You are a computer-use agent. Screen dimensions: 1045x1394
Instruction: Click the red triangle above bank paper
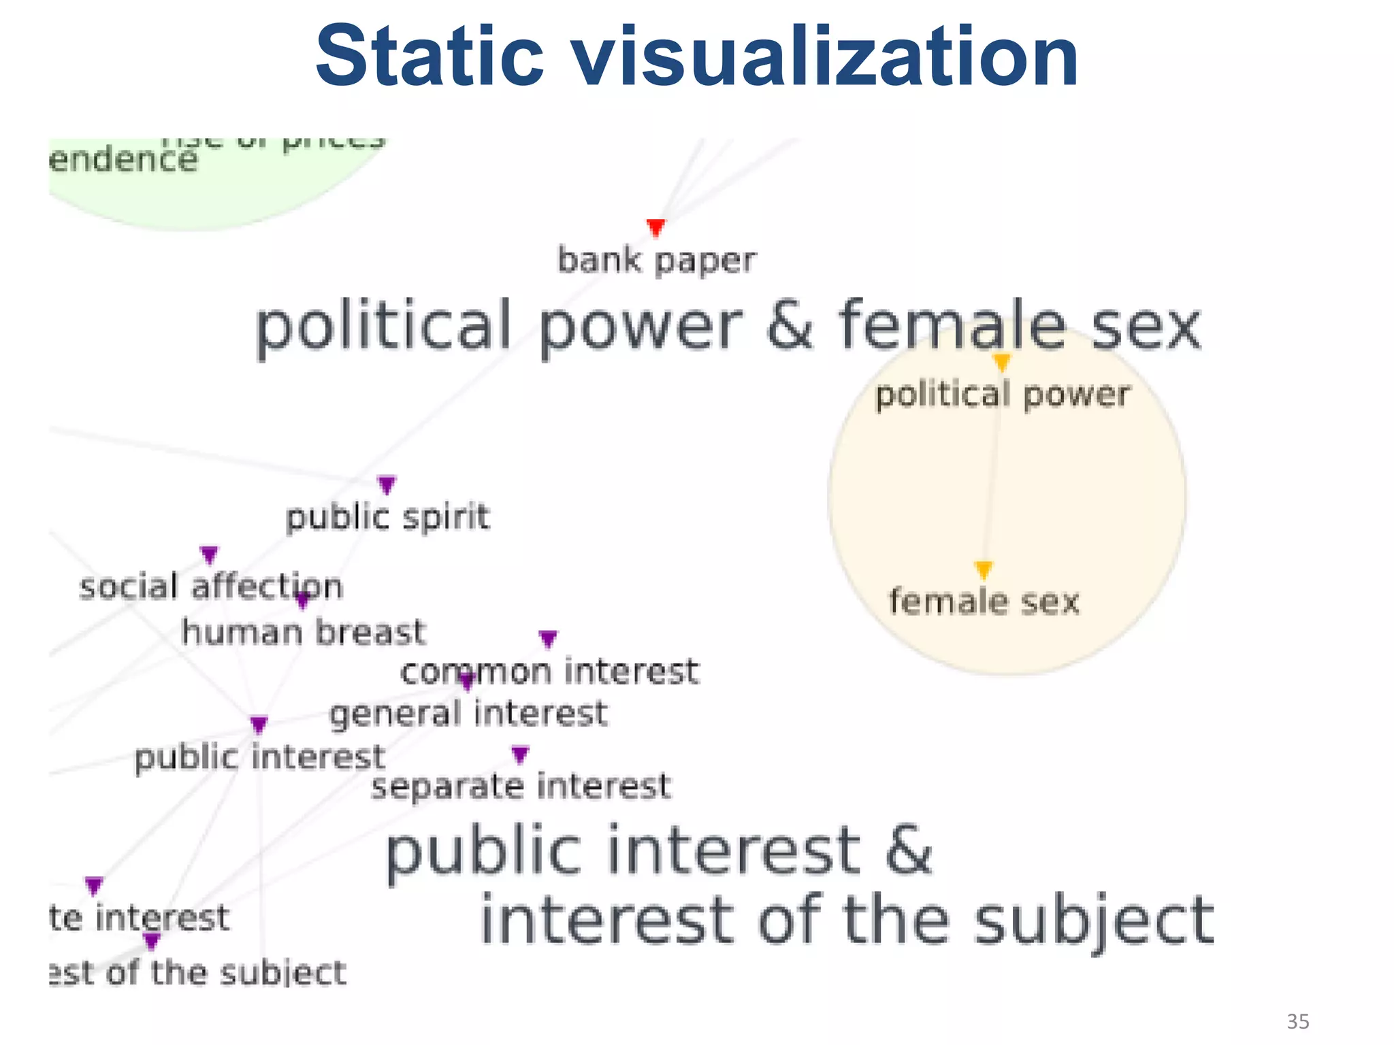(655, 227)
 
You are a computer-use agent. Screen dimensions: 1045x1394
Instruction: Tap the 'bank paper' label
(656, 261)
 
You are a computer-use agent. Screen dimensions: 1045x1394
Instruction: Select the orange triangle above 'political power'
(1001, 362)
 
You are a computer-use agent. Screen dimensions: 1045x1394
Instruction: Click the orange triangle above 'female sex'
(983, 569)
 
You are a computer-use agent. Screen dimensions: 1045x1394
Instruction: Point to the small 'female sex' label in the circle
(984, 601)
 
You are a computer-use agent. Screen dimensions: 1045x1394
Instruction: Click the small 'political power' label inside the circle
(1002, 395)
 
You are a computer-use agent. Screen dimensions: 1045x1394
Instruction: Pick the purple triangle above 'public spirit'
(387, 484)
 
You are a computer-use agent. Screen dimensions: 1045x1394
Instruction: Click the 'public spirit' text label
(387, 517)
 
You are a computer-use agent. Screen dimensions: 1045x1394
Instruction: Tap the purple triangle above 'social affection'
(209, 554)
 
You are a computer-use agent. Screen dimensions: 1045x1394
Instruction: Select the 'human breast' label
(304, 632)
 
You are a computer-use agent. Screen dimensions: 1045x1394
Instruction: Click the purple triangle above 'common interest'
(548, 639)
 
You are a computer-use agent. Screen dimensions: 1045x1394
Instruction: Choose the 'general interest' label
(468, 714)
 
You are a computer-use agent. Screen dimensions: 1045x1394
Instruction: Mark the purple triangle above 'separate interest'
(520, 754)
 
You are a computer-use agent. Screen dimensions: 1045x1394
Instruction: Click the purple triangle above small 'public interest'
(259, 725)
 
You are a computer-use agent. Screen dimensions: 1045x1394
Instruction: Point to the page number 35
(1297, 1021)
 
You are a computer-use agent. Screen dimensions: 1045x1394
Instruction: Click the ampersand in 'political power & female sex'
(790, 325)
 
